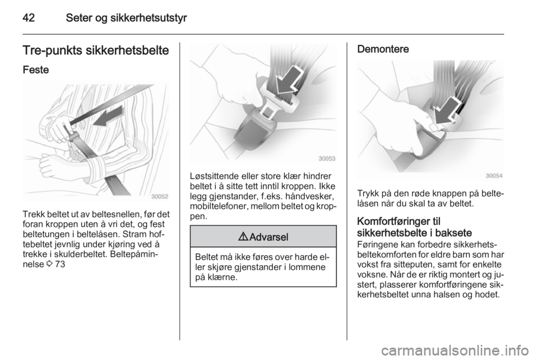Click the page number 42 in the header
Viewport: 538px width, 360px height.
29,17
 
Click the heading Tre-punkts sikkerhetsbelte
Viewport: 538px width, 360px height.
96,50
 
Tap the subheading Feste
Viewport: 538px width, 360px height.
36,70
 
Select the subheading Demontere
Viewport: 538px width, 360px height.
383,49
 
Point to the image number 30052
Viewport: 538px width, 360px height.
160,196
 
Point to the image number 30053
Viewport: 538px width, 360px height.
327,159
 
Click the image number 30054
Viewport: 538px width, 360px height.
494,176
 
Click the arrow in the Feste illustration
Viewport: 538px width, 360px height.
108,117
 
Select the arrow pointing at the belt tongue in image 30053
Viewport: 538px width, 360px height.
289,80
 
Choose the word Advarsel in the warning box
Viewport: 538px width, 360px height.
269,237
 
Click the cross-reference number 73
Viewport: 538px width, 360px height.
60,265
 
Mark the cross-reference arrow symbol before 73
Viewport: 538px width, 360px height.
49,265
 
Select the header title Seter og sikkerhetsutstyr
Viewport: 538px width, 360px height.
126,18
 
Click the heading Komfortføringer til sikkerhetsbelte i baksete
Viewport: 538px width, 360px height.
415,227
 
